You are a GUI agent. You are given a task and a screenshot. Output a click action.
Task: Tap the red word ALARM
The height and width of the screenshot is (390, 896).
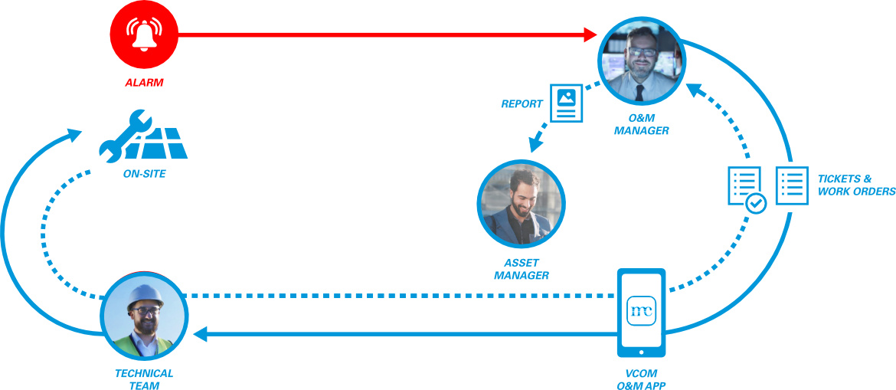coord(145,80)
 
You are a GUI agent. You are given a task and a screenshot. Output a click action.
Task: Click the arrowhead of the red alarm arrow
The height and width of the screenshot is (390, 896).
coord(590,34)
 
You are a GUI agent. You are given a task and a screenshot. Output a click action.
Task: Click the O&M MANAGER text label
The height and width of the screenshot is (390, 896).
coord(642,125)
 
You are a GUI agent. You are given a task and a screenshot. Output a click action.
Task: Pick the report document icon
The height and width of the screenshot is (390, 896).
coord(566,103)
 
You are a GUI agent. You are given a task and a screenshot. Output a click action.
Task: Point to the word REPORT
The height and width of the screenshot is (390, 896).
coord(522,103)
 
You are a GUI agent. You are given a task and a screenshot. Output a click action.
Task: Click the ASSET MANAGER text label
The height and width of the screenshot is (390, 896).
coord(521,269)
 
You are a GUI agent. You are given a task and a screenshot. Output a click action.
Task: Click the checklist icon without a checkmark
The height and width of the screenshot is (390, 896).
coord(791,185)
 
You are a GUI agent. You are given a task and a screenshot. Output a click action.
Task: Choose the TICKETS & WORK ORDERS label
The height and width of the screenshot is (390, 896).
coord(856,185)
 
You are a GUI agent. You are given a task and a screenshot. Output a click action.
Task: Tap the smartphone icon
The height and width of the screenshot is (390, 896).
coord(641,312)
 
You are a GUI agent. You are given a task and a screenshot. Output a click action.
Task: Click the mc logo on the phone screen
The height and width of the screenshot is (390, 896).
coord(641,310)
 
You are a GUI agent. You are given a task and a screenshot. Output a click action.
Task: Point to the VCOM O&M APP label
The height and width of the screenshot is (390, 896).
coord(640,380)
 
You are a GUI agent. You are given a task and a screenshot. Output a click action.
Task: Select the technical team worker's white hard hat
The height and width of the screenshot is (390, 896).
coord(144,294)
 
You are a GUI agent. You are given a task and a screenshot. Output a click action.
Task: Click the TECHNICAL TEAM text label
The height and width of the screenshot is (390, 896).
coord(144,379)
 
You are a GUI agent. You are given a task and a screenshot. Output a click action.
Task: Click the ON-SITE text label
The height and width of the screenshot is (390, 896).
coord(144,174)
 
